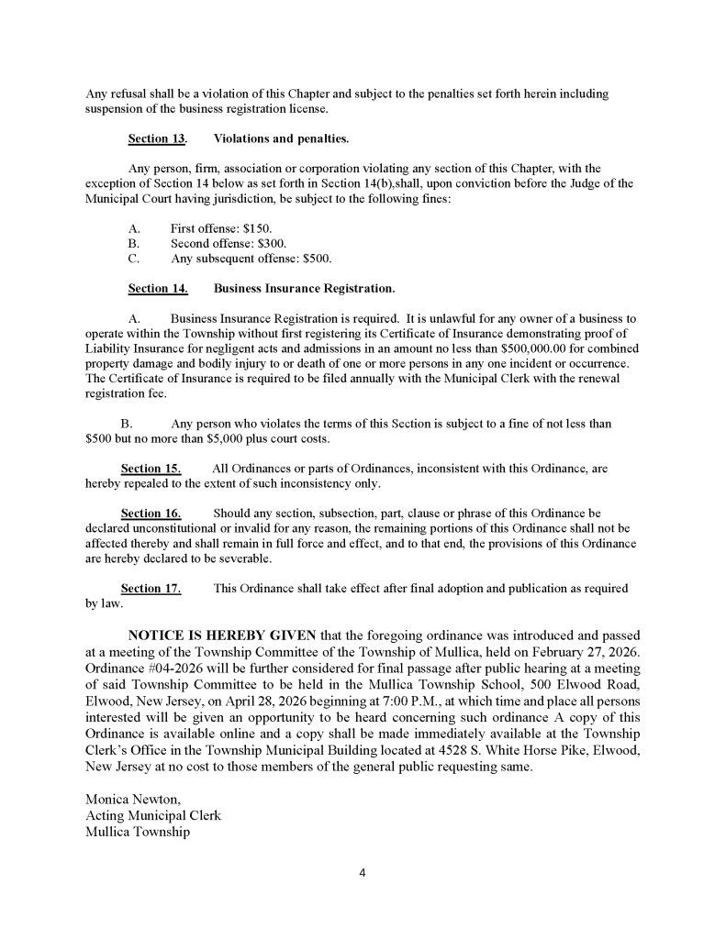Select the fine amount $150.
[256, 228]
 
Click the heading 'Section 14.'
[158, 289]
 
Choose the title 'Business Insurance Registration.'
[304, 289]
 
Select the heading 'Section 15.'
[151, 468]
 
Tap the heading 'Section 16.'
[151, 513]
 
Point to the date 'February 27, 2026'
[578, 651]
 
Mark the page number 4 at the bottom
[363, 872]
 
